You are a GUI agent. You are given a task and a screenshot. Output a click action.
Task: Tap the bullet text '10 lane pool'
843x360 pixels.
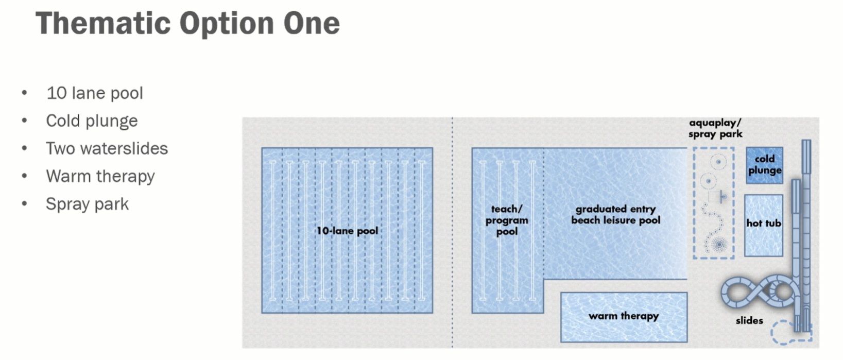coord(95,93)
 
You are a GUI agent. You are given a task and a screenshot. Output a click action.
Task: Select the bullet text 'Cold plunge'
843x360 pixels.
coord(92,121)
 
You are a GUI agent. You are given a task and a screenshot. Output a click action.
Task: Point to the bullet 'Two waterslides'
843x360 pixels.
coord(107,149)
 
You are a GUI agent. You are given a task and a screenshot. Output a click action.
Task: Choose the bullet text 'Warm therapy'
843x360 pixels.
coord(100,176)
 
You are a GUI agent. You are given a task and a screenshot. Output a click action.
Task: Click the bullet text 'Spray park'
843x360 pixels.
coord(87,204)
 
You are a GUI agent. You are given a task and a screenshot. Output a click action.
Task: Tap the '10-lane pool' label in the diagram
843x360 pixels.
coord(347,231)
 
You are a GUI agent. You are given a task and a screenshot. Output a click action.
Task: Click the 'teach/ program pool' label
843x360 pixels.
coord(507,220)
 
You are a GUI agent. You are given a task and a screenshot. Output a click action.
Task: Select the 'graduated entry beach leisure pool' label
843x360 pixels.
coord(615,214)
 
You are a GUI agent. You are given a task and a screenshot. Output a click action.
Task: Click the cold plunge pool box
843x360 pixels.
coord(764,165)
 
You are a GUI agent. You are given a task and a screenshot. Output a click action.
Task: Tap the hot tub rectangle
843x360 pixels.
coord(763,225)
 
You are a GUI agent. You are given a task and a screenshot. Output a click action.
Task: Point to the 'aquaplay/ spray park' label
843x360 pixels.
coord(715,128)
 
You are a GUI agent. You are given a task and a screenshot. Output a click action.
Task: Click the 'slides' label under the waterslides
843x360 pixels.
coord(749,320)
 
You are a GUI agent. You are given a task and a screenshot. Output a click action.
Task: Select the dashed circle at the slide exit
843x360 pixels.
coord(783,332)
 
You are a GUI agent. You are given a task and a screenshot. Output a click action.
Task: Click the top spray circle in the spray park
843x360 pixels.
coord(718,162)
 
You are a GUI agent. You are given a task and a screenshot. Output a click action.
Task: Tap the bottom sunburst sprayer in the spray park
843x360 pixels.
coord(718,244)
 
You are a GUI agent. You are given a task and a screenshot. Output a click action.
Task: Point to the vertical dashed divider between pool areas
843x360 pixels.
coord(453,232)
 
